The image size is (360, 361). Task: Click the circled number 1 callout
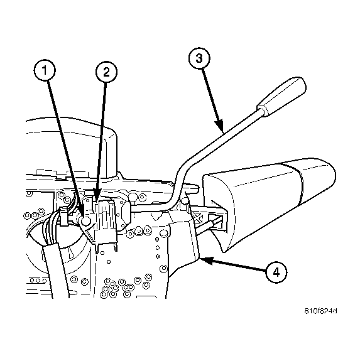45,70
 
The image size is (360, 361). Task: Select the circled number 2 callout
106,72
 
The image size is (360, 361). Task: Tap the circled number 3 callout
199,58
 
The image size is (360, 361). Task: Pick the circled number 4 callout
276,272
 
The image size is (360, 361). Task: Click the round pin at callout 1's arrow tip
86,221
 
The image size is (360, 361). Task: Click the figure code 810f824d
321,311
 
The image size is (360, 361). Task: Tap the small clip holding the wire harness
64,216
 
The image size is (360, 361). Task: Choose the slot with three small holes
37,281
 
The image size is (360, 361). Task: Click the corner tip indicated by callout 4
199,259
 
